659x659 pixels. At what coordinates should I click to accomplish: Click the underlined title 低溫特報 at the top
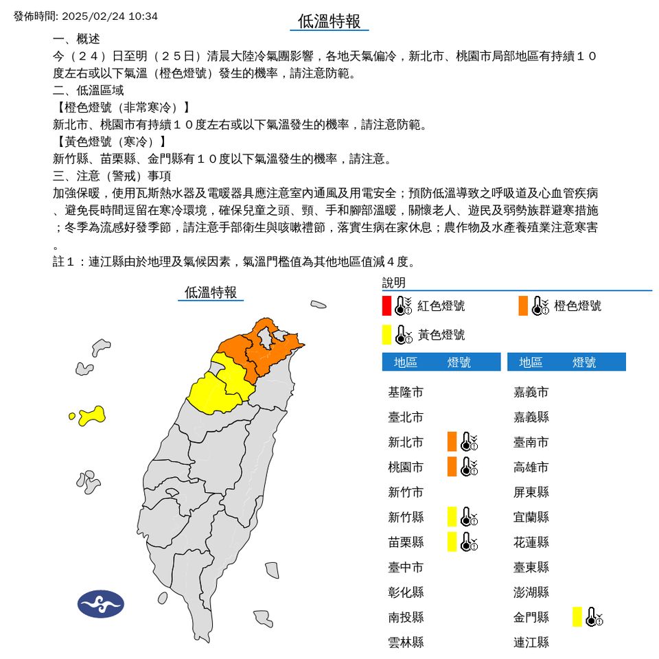click(x=329, y=21)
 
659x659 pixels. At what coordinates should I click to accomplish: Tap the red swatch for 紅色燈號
click(x=387, y=305)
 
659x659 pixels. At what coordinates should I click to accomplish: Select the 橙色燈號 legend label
click(x=577, y=305)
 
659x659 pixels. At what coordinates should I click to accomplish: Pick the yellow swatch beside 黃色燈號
click(x=387, y=334)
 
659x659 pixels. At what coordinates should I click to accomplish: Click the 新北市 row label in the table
click(x=406, y=442)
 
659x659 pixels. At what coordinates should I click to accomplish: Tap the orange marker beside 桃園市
click(x=452, y=467)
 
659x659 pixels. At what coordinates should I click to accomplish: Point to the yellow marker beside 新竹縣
click(x=452, y=516)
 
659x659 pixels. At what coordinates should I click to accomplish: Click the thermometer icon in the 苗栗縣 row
click(x=469, y=542)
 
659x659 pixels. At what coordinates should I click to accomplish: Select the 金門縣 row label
click(x=531, y=617)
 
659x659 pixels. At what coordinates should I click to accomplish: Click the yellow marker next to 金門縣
click(x=577, y=616)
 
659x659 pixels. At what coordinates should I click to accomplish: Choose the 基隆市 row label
click(x=406, y=392)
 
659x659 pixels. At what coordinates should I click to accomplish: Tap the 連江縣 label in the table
click(x=531, y=643)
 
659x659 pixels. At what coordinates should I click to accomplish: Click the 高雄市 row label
click(x=531, y=467)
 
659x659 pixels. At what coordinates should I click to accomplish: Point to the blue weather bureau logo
click(x=100, y=604)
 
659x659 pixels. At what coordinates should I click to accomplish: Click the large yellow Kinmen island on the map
click(x=92, y=415)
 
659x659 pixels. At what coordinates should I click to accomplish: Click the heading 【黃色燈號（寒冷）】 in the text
click(x=110, y=142)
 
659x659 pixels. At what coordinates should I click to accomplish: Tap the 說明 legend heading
click(x=394, y=283)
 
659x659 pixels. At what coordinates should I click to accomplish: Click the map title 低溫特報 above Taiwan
click(x=211, y=292)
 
